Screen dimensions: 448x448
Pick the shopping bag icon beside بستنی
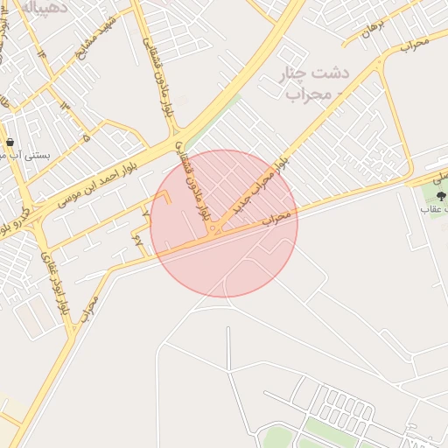[x=9, y=142]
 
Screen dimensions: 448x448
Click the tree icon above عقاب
[x=440, y=195]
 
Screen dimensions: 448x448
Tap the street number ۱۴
[x=40, y=52]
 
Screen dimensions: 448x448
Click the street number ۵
[x=86, y=137]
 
